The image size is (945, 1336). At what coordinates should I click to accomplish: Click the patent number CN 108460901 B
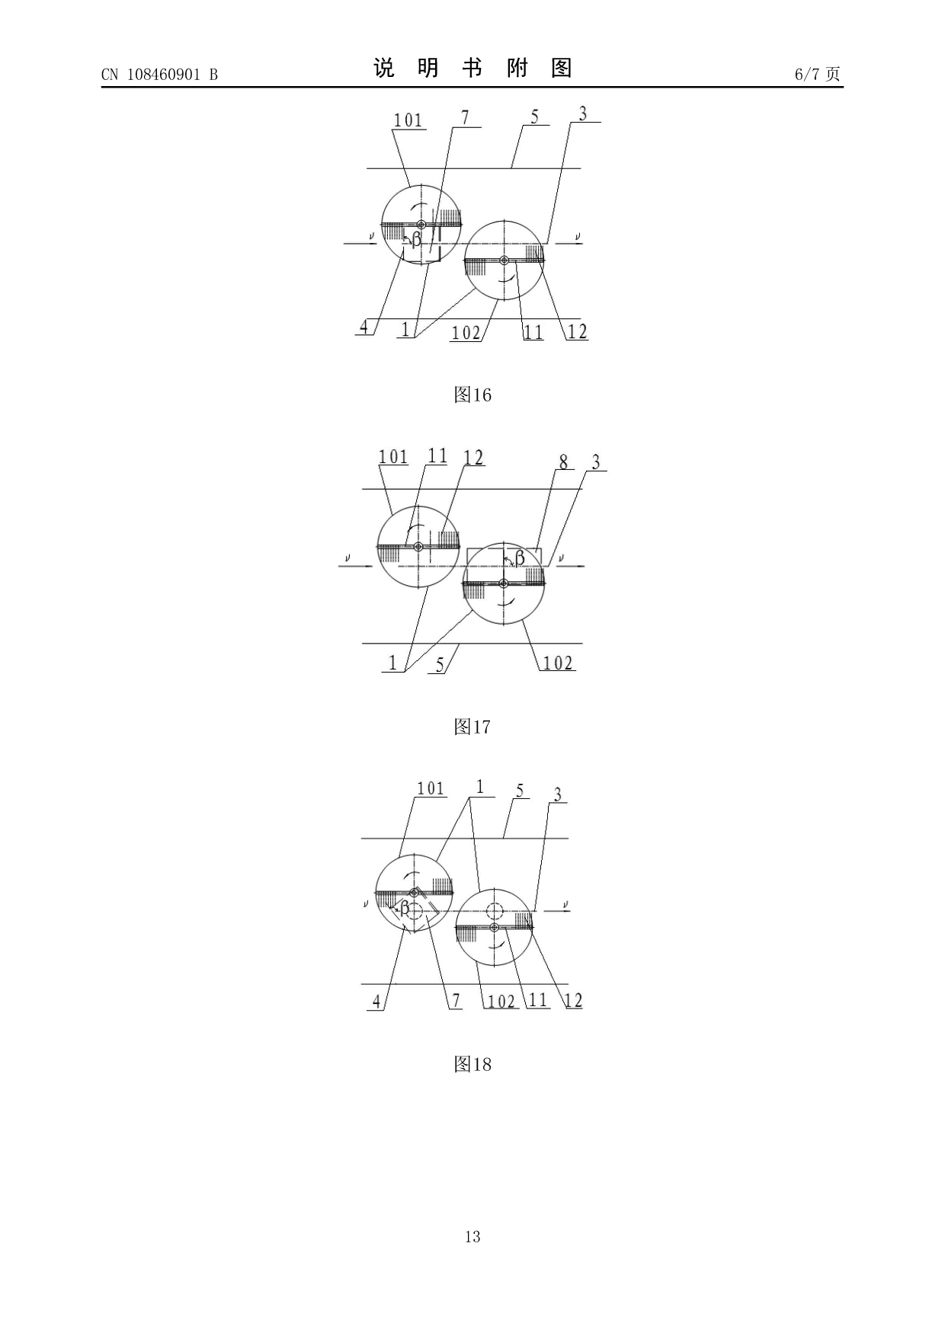point(159,74)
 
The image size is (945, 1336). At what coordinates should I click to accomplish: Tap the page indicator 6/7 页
point(817,74)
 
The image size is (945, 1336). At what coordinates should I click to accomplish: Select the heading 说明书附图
point(472,69)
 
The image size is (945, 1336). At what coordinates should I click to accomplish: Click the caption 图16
point(472,395)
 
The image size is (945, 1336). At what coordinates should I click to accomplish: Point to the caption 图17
point(472,727)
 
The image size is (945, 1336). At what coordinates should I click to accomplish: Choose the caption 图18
point(472,1064)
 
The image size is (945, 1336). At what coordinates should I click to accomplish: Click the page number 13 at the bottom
point(472,1236)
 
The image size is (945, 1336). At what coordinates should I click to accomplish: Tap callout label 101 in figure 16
point(408,120)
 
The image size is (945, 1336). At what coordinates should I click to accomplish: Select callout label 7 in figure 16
point(465,117)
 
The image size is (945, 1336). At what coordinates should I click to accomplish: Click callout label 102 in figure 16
point(466,333)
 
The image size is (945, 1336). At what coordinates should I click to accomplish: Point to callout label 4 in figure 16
point(364,327)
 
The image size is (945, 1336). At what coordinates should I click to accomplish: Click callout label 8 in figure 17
point(563,462)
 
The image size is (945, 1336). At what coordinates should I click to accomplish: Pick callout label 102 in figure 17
point(558,663)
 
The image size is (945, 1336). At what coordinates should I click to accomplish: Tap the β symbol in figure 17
point(520,558)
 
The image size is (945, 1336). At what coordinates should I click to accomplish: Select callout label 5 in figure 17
point(440,664)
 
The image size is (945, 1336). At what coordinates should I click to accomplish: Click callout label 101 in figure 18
point(431,788)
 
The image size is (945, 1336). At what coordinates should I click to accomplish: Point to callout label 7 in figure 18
point(456,1001)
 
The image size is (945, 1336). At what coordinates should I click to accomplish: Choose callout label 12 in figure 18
point(573,1001)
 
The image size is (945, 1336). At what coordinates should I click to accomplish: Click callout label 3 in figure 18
point(558,795)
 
